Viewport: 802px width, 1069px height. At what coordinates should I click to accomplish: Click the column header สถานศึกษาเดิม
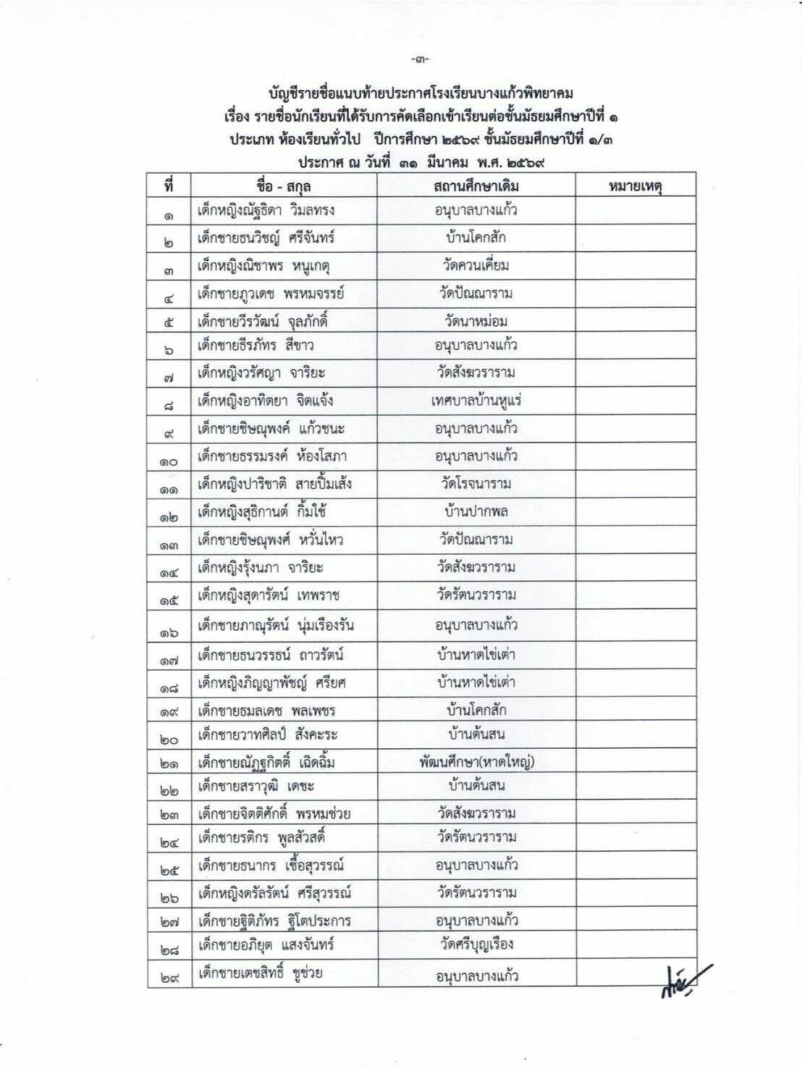click(x=476, y=186)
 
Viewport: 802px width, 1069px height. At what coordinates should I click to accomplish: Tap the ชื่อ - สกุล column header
click(x=283, y=186)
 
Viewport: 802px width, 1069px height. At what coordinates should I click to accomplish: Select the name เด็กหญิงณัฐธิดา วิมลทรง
click(x=266, y=211)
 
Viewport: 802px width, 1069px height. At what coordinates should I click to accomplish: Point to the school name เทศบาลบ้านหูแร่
click(x=476, y=401)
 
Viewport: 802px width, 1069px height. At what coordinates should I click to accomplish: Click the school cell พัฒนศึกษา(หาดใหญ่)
click(x=476, y=761)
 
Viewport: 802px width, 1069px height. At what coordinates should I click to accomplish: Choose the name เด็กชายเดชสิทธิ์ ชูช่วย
click(x=260, y=973)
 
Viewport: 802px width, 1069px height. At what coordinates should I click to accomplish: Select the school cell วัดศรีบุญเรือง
click(x=476, y=944)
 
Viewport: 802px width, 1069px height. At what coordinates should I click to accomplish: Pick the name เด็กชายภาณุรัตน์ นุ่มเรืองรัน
click(x=276, y=624)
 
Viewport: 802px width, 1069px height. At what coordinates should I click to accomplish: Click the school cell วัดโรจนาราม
click(x=476, y=484)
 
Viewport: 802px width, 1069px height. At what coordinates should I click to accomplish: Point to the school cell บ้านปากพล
click(x=476, y=511)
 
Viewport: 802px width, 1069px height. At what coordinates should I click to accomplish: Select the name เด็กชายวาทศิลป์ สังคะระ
click(x=267, y=734)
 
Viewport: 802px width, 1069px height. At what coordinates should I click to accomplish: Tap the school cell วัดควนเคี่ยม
click(x=476, y=265)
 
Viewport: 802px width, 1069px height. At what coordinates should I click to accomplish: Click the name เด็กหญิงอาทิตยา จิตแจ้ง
click(x=265, y=401)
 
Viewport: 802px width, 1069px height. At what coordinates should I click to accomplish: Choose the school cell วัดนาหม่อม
click(x=476, y=321)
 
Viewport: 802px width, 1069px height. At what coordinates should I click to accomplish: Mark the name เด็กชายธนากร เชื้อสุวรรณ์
click(x=270, y=865)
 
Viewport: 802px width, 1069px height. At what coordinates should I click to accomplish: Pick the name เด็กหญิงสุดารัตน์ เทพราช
click(x=269, y=595)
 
